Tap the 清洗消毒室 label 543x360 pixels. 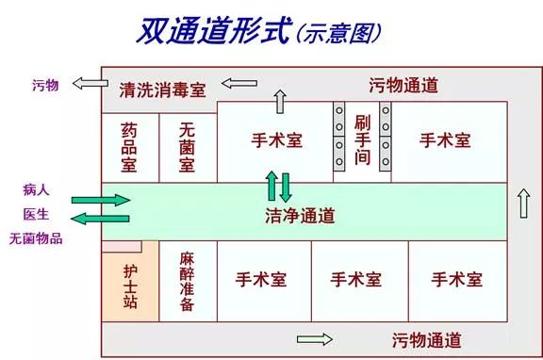tap(163, 91)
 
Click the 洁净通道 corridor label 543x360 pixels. tap(301, 215)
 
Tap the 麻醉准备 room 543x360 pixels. tap(187, 281)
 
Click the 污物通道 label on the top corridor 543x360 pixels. tap(403, 85)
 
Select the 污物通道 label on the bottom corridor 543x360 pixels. tap(426, 339)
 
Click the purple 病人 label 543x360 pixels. tap(37, 188)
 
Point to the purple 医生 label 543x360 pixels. tap(37, 214)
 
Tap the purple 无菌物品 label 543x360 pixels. tap(36, 238)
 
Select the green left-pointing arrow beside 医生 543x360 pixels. tap(101, 219)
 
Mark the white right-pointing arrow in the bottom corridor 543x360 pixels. tap(315, 339)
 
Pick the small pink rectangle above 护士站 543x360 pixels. tap(123, 246)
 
